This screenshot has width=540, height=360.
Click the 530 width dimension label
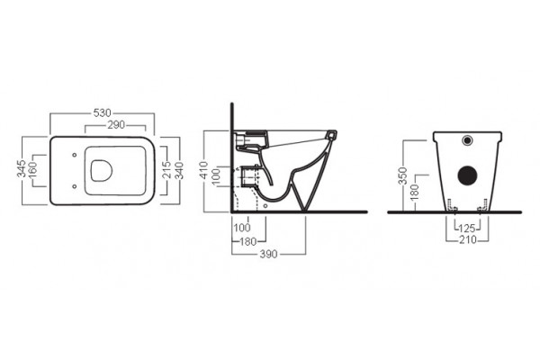(103, 113)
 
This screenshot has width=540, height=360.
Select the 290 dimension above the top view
(116, 125)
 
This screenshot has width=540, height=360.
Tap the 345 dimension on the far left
(22, 168)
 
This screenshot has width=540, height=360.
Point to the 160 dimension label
(31, 170)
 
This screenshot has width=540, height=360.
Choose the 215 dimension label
(167, 170)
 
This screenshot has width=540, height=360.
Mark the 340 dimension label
(179, 170)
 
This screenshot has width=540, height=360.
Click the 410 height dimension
(204, 170)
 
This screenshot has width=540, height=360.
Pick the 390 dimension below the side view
(268, 254)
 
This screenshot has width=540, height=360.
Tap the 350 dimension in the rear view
(403, 176)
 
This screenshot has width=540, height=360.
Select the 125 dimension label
(467, 228)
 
